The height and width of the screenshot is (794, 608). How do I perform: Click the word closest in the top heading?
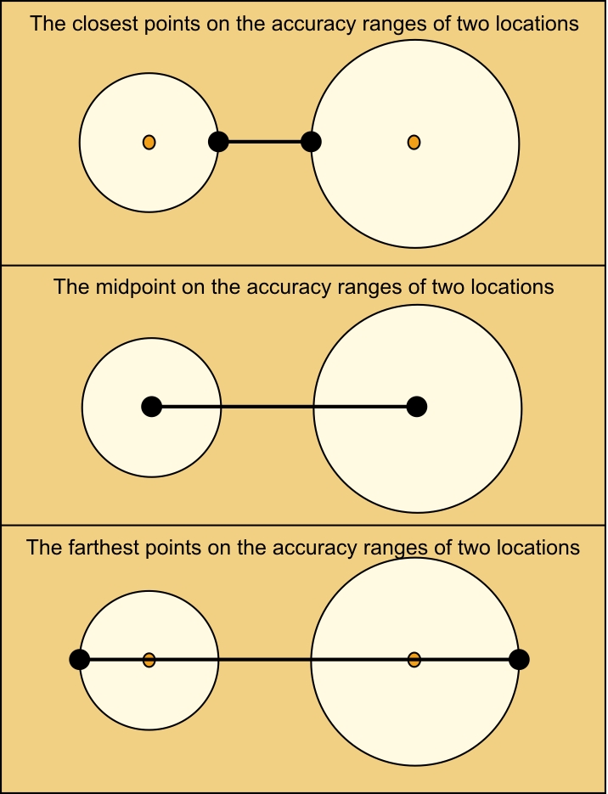(106, 24)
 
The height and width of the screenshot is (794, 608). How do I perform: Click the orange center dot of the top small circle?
(149, 143)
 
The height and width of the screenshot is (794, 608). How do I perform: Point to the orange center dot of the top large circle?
(414, 143)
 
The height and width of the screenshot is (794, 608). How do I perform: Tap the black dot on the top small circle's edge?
(219, 142)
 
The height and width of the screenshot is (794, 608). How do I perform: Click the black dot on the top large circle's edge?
(311, 142)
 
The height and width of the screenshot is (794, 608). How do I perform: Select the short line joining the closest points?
(265, 142)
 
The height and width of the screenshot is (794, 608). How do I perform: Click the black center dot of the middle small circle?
(151, 407)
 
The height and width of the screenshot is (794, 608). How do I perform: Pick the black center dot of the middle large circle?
(417, 407)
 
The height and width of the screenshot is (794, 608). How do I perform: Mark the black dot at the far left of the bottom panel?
(80, 660)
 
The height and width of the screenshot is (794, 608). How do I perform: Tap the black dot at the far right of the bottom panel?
(519, 660)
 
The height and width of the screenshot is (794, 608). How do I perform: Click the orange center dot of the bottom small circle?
(149, 660)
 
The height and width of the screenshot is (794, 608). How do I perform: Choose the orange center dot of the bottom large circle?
(414, 660)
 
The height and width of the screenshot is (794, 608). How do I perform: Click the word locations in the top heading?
(538, 24)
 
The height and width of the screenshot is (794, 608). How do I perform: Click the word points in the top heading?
(170, 25)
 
